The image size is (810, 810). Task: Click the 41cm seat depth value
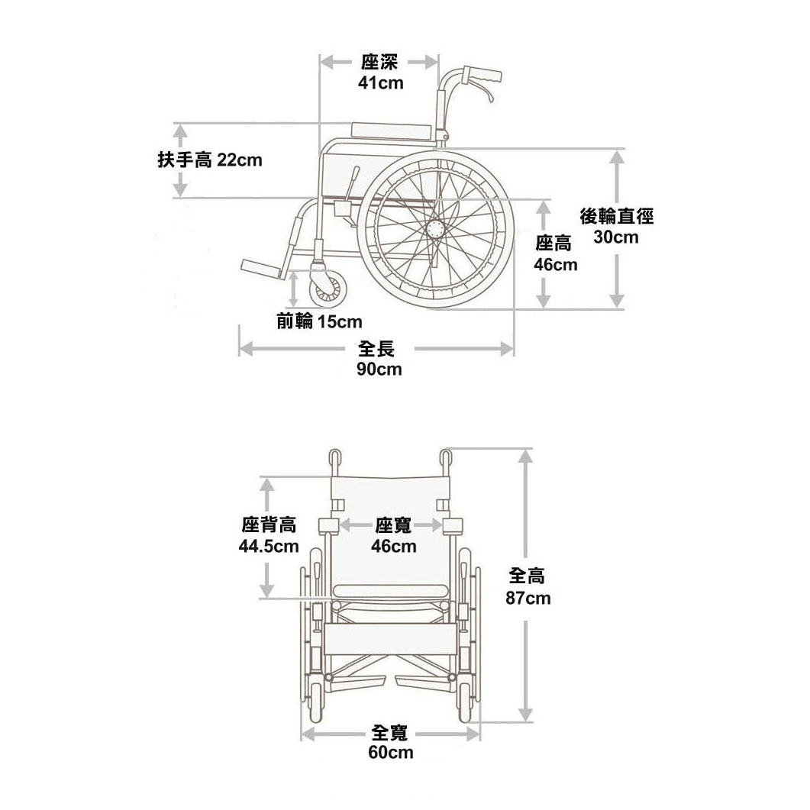click(380, 83)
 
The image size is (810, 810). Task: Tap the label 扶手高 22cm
click(209, 160)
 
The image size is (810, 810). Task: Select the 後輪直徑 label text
click(617, 217)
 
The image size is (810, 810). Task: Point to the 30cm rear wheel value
click(616, 237)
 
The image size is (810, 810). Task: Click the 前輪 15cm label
click(319, 321)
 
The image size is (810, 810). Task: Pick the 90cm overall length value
click(379, 370)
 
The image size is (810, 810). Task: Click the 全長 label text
click(377, 350)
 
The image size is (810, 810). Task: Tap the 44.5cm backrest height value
click(269, 547)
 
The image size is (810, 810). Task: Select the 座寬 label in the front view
click(393, 525)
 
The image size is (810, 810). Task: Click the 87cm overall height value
click(528, 598)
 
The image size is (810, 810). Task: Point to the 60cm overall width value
click(390, 753)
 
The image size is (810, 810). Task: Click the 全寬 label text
click(390, 733)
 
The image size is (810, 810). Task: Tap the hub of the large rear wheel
click(437, 228)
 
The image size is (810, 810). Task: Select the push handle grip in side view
click(487, 76)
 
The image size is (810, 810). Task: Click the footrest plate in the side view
click(263, 267)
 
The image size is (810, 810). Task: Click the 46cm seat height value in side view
click(555, 265)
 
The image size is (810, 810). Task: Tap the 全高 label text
click(528, 577)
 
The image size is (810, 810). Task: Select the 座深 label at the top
click(379, 63)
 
